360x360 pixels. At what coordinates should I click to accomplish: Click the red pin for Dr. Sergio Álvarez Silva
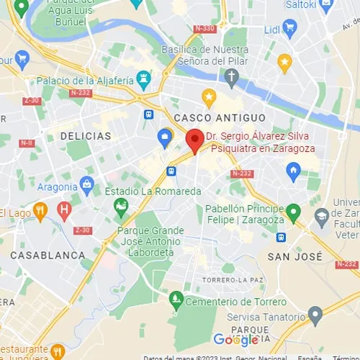(194, 140)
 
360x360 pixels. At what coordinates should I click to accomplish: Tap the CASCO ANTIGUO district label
(215, 117)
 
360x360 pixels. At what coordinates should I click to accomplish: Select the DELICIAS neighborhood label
(86, 136)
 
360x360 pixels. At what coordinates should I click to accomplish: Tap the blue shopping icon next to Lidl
(290, 30)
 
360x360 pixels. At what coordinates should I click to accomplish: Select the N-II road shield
(27, 143)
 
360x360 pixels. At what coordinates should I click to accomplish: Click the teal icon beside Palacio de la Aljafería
(143, 76)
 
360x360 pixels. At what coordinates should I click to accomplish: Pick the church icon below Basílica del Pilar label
(231, 76)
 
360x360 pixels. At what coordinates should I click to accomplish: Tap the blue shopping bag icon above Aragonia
(87, 184)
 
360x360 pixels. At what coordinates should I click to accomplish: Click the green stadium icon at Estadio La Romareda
(121, 207)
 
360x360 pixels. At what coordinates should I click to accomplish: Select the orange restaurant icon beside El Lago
(40, 211)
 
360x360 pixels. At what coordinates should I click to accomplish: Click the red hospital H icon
(65, 211)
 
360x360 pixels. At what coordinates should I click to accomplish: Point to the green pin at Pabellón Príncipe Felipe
(293, 212)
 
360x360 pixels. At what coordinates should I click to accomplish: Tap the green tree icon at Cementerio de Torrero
(176, 297)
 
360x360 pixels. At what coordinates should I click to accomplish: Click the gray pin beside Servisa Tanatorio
(315, 315)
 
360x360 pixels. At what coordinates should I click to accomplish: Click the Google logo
(235, 339)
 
